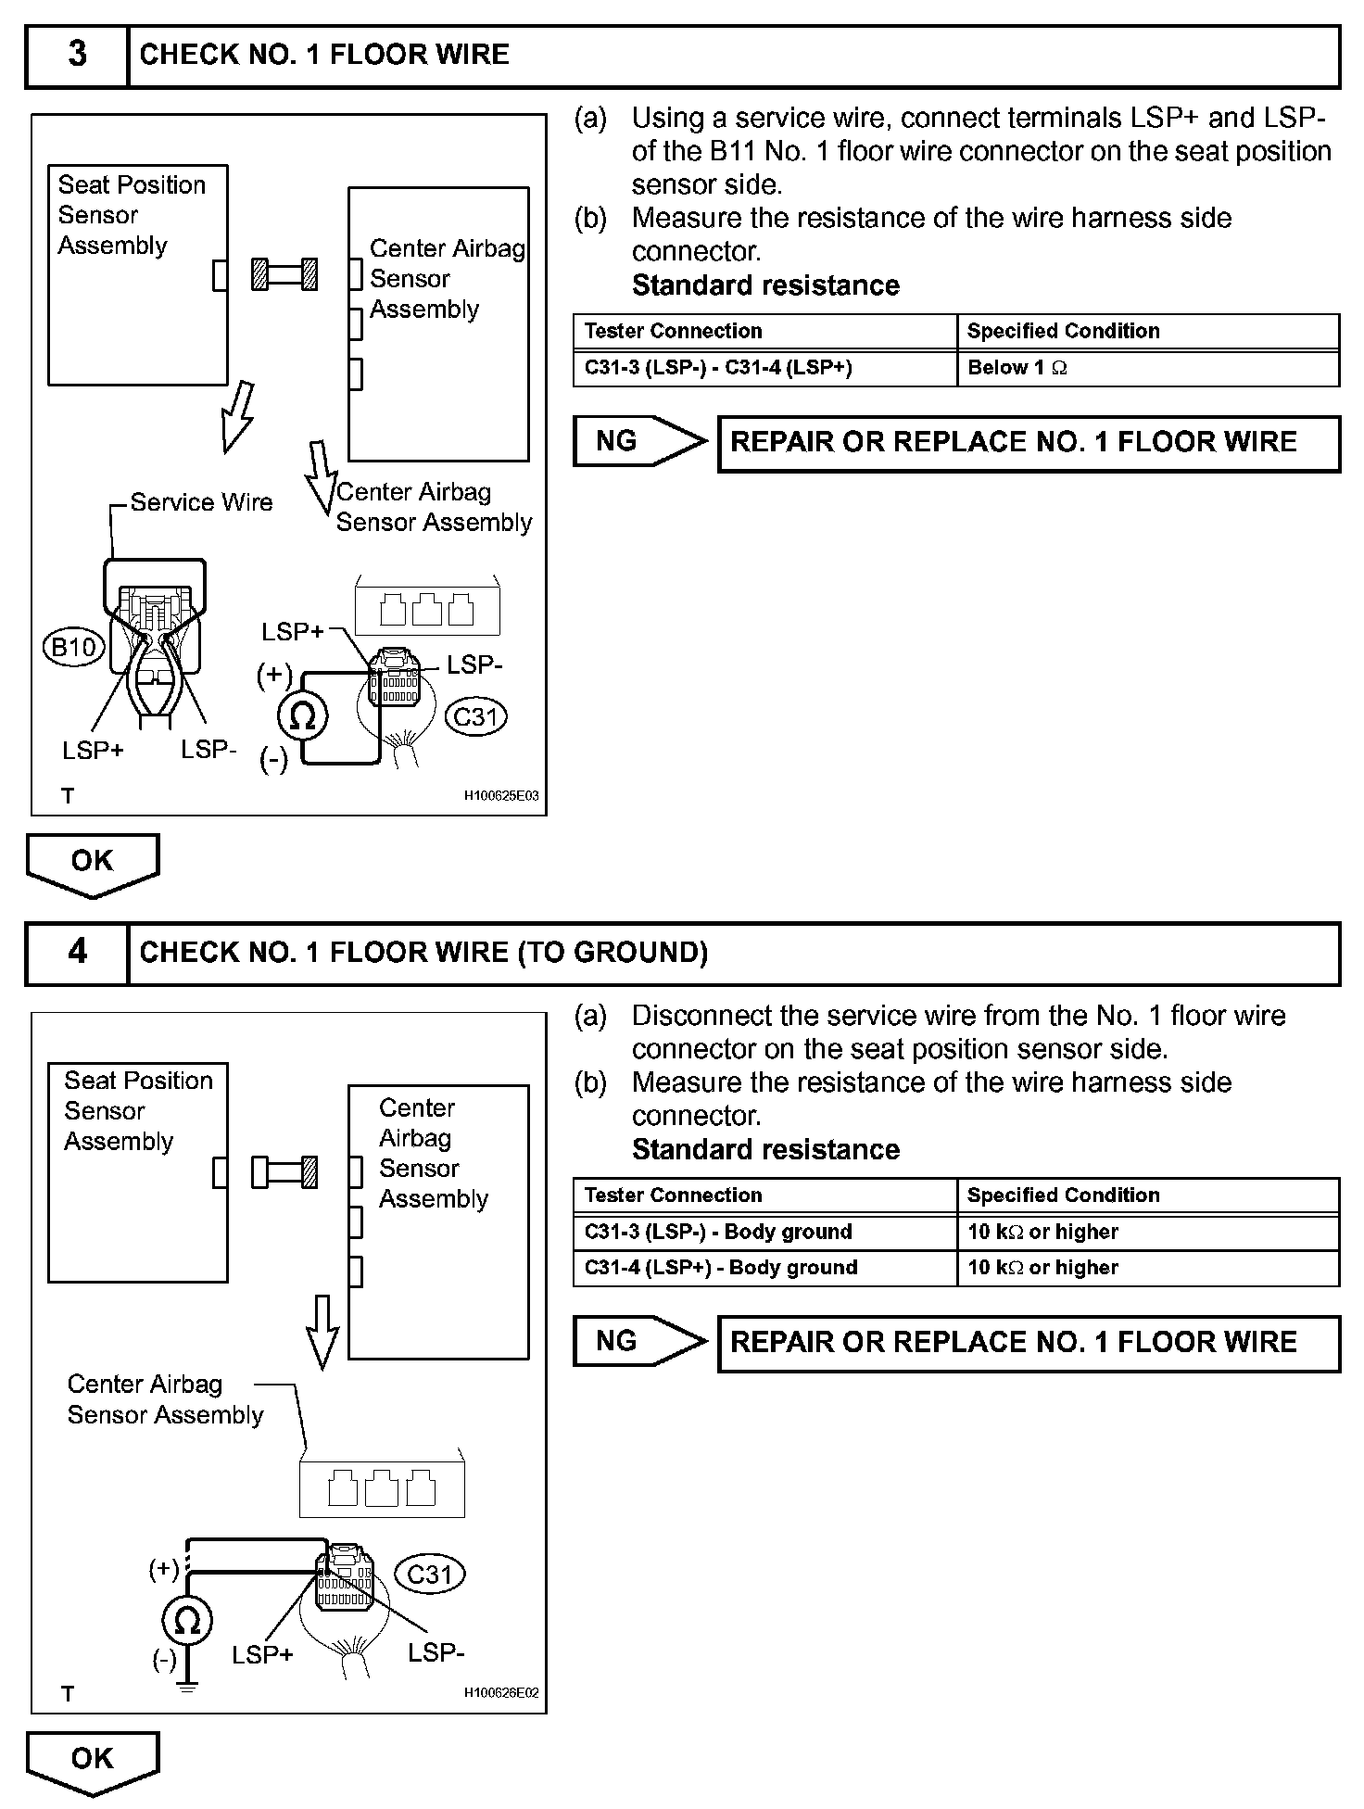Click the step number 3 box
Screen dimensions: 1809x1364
pos(77,55)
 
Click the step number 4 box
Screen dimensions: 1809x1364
pos(77,952)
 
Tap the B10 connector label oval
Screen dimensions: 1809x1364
pos(73,646)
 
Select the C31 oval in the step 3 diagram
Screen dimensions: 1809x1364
pos(476,716)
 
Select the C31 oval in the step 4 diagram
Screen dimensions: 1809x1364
pos(430,1574)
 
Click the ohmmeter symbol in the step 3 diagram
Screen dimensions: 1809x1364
pos(303,715)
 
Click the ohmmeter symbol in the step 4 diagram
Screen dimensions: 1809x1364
pos(187,1621)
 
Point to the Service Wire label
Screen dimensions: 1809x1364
pos(201,502)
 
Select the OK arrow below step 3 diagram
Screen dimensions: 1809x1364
pos(93,863)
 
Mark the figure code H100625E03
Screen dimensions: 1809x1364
pos(500,795)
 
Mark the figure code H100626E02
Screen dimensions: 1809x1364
pos(500,1693)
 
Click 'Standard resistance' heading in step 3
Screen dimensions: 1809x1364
pos(765,285)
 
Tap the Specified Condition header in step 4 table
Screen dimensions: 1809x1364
pos(1063,1195)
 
